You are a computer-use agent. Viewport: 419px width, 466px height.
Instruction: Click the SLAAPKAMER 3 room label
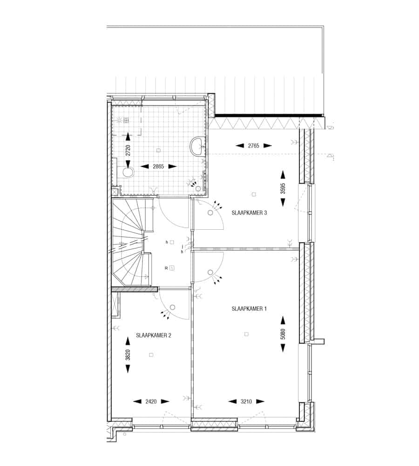tap(249, 213)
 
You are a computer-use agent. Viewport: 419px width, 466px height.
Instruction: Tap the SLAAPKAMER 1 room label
tap(249, 309)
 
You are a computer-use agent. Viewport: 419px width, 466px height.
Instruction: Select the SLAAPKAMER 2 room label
tap(154, 335)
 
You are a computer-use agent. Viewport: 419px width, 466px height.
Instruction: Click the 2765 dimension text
tap(254, 145)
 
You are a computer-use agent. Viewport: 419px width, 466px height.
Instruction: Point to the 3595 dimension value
tap(283, 188)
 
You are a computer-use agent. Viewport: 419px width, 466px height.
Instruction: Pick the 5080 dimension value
tap(283, 334)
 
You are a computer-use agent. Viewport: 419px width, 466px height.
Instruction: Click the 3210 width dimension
tap(246, 402)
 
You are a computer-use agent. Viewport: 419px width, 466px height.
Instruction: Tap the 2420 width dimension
tap(151, 402)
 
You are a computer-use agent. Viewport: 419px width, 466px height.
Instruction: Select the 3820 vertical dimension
tap(128, 355)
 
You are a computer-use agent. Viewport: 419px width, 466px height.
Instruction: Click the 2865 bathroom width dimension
tap(158, 166)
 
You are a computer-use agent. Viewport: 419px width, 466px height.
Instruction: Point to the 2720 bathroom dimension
tap(128, 150)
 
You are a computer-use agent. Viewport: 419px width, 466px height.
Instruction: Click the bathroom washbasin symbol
tap(196, 146)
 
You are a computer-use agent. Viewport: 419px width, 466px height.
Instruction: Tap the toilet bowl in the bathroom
tap(128, 172)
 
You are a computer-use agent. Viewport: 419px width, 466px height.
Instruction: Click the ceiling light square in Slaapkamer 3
tap(254, 194)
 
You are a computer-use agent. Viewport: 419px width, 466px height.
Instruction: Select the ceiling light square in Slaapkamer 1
tap(246, 334)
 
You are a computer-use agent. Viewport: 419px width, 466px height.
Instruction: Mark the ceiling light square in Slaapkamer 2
tap(151, 355)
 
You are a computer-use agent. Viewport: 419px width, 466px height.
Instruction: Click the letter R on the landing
tap(166, 268)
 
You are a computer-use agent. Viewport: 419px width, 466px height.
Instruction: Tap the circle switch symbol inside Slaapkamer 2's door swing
tap(173, 307)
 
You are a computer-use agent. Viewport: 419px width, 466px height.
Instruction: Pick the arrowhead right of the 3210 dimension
tap(260, 402)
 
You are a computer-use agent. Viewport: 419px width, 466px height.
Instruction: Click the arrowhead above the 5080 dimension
tap(283, 321)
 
